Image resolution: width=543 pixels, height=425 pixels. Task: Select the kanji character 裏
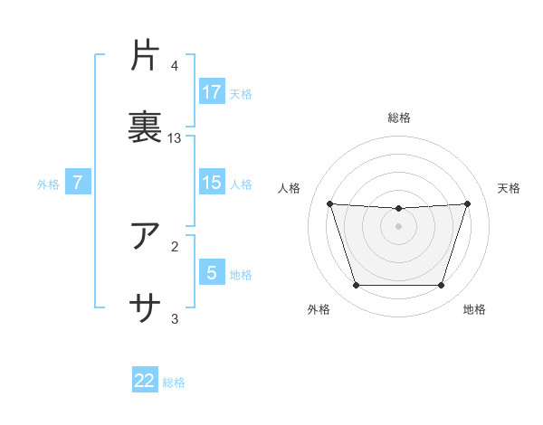[x=146, y=125]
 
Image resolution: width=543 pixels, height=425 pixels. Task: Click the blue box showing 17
[x=212, y=91]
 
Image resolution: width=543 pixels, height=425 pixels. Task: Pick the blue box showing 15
[x=212, y=183]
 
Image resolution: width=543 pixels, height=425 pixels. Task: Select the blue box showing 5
[x=212, y=272]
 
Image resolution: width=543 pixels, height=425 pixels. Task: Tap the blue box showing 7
[x=78, y=183]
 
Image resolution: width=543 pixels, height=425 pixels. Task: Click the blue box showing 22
[x=145, y=381]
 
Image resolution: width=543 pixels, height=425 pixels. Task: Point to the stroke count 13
[x=175, y=138]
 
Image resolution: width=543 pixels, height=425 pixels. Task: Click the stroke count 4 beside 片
[x=175, y=66]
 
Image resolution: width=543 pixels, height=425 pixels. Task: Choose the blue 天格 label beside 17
[x=240, y=93]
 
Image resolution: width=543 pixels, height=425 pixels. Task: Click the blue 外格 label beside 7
[x=48, y=184]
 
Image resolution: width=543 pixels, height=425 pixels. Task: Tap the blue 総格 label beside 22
[x=174, y=382]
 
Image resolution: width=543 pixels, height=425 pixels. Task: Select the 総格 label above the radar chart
[x=399, y=118]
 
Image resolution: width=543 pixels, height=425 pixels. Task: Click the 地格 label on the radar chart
[x=474, y=310]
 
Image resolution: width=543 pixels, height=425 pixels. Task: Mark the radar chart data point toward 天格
[x=467, y=203]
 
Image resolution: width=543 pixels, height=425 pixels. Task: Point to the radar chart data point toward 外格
[x=356, y=286]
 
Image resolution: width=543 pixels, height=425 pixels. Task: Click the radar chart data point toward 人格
[x=329, y=203]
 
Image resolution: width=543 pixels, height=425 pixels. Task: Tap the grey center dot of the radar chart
[x=399, y=225]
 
